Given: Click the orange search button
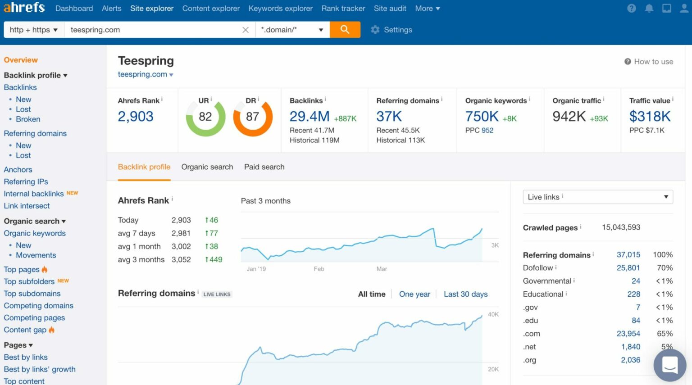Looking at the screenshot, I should click(x=345, y=30).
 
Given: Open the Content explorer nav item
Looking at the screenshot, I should click(x=211, y=9).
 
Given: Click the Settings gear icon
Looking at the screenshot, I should click(x=375, y=30).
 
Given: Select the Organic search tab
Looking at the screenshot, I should click(x=207, y=167).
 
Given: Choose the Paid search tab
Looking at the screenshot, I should click(x=264, y=167).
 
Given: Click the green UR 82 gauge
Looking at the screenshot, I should click(x=205, y=117).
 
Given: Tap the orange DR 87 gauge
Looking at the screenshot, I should click(x=253, y=117).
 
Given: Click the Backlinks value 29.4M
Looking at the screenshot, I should click(x=310, y=117).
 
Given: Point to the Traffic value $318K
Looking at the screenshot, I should click(x=650, y=117).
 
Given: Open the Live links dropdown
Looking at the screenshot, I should click(x=597, y=197).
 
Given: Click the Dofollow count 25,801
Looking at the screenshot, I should click(x=628, y=268).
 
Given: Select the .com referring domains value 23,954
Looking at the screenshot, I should click(x=628, y=334).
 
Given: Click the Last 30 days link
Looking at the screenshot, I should click(x=465, y=294).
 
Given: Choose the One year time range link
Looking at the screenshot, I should click(x=414, y=294).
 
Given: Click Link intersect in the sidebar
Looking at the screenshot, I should click(x=27, y=206).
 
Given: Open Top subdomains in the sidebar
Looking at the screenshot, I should click(x=32, y=294).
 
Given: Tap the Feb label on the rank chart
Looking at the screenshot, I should click(x=319, y=269).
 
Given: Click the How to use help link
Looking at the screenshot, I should click(x=649, y=62).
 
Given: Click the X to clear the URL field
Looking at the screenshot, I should click(x=246, y=30).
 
